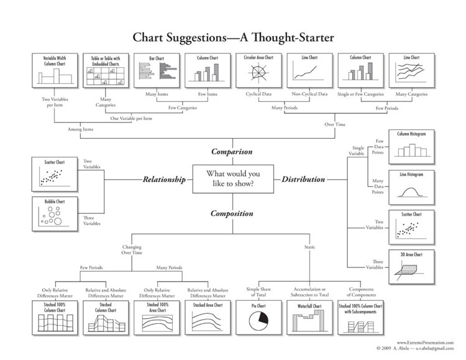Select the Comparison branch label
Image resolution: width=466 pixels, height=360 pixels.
[232, 151]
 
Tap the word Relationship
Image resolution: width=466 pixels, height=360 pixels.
[164, 180]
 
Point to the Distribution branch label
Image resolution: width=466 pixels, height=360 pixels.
[303, 180]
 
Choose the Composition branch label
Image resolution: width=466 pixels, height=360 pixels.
[232, 213]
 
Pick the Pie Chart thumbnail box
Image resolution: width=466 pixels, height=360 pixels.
[257, 317]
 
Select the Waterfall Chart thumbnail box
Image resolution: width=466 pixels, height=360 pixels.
[309, 317]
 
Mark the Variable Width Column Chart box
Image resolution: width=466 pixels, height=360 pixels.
[54, 71]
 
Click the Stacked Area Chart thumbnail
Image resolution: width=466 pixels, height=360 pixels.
[207, 317]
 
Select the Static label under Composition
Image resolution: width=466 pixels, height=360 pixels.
[309, 247]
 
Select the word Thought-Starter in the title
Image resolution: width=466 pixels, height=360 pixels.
[293, 39]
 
